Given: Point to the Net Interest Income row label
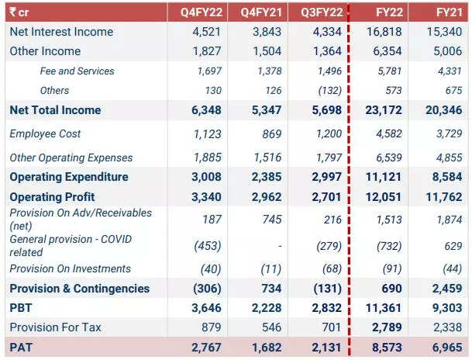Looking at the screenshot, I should click(61, 32).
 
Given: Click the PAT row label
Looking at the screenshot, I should click(20, 347).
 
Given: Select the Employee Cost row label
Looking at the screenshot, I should click(46, 134).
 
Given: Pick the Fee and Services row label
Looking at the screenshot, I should click(76, 71).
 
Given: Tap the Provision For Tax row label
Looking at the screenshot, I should click(55, 327).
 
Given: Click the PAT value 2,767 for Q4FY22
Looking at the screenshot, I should click(205, 347).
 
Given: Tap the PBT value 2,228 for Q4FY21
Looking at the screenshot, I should click(266, 308).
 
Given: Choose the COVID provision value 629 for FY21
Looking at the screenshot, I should click(455, 246).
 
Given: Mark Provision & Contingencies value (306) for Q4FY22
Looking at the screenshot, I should click(206, 289).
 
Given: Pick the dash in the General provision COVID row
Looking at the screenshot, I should click(278, 246).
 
